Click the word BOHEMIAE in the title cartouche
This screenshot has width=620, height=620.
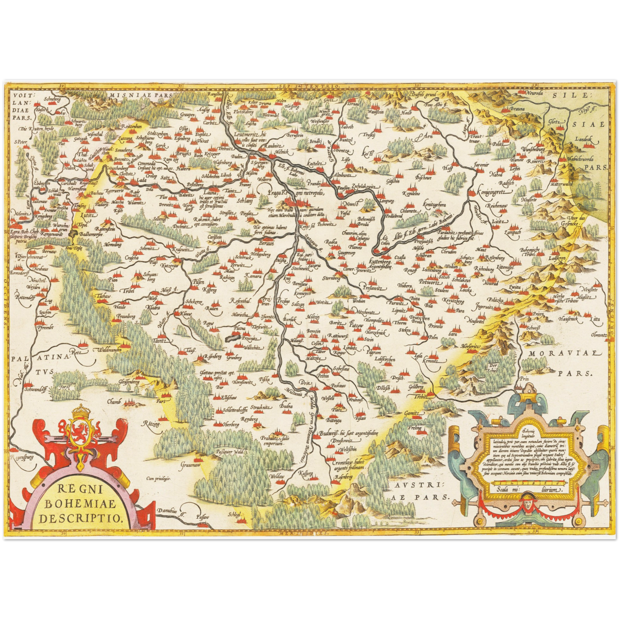click(82, 503)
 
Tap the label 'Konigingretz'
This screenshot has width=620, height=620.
click(490, 192)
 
